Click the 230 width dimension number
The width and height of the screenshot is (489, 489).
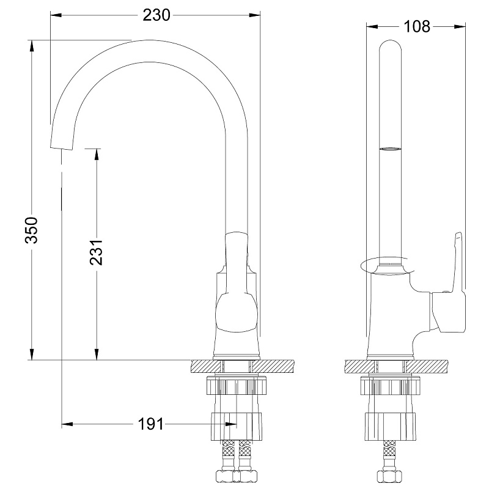click(156, 15)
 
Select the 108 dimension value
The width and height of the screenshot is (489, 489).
click(417, 26)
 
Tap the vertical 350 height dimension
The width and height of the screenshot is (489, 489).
click(32, 230)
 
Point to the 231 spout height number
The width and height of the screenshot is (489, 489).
click(97, 252)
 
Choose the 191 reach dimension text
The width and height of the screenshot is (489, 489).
click(151, 424)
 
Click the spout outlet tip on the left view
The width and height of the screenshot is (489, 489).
click(62, 147)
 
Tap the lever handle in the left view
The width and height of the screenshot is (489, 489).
click(236, 282)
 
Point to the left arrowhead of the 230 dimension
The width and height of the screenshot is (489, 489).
click(56, 15)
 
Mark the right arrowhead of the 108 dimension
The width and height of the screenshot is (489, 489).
click(460, 26)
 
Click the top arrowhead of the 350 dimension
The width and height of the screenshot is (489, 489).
click(32, 46)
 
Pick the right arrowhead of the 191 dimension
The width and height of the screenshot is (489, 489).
click(231, 424)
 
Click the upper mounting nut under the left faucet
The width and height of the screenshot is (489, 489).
click(237, 386)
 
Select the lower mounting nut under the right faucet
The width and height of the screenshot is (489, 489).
click(390, 426)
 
